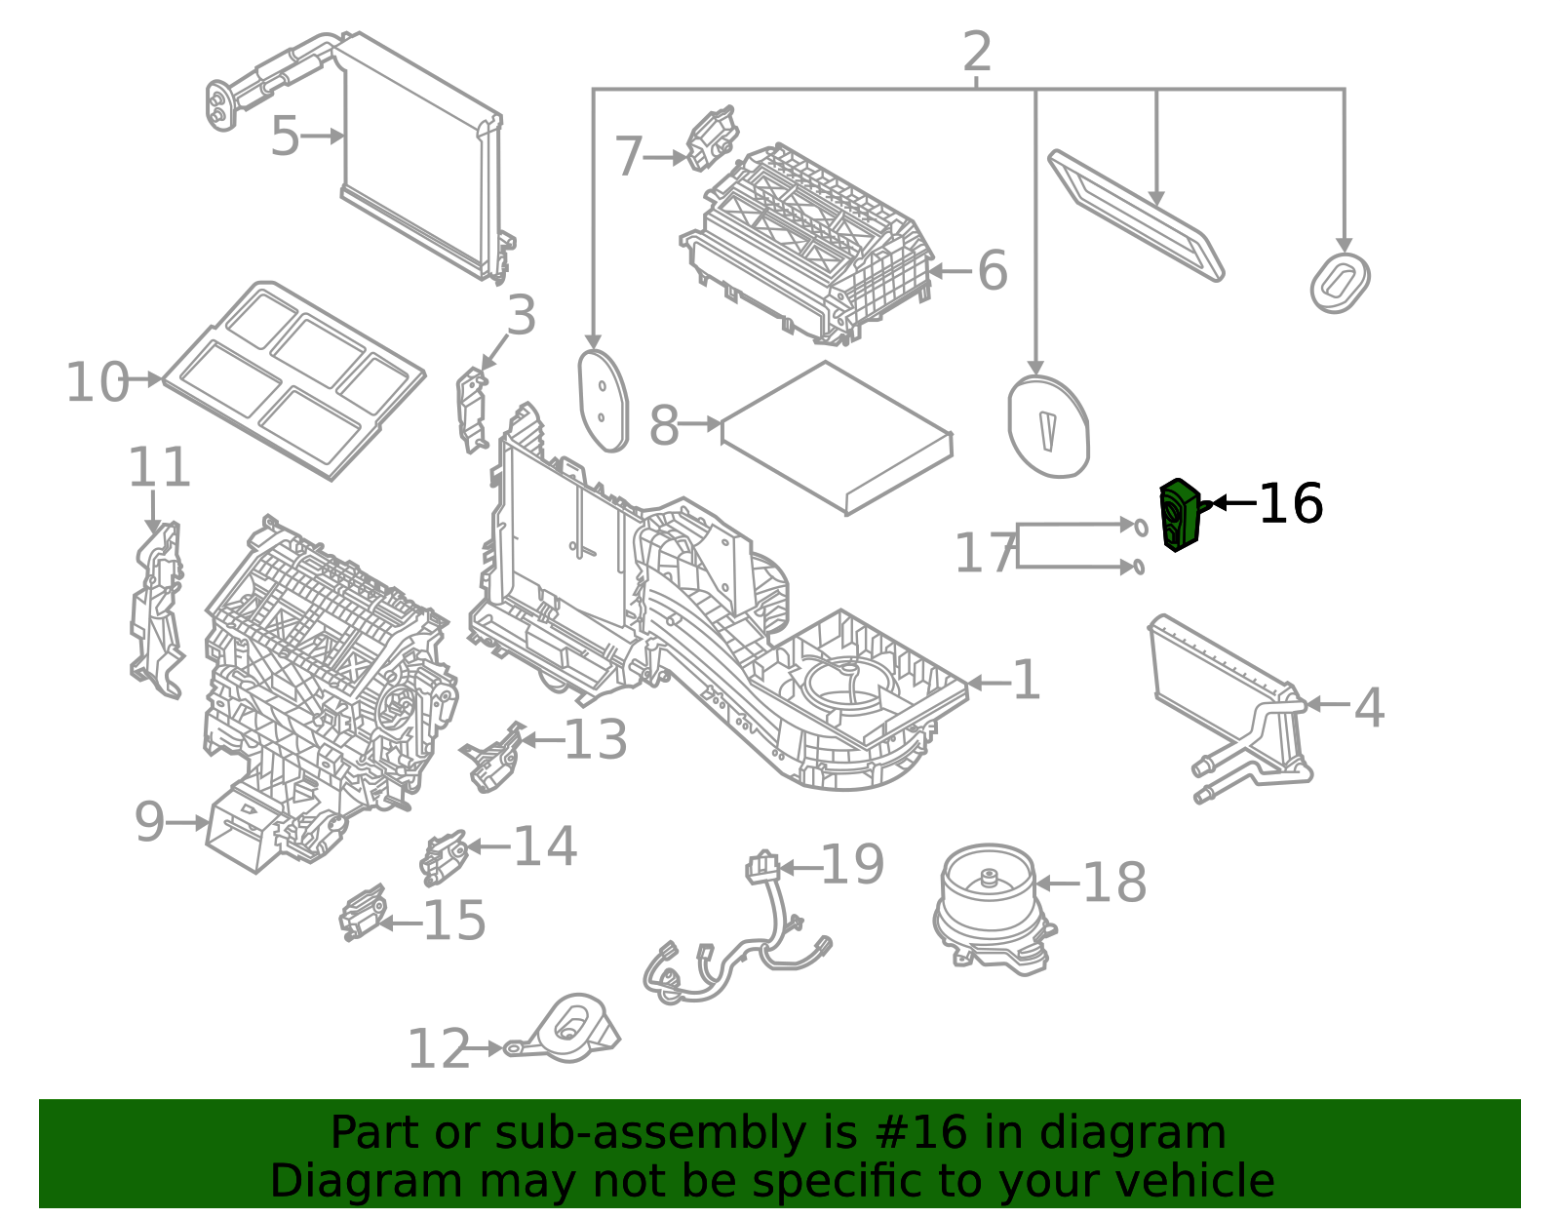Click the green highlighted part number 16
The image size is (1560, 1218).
tap(1179, 515)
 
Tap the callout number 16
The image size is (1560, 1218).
tap(1291, 504)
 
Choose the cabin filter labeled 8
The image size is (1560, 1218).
tap(837, 437)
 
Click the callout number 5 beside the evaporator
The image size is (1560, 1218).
tap(285, 137)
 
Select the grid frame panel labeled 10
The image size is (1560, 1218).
tap(292, 380)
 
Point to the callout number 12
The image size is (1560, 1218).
tap(438, 1050)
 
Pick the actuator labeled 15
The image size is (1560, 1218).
tap(362, 914)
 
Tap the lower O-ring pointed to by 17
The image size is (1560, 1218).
tap(1139, 567)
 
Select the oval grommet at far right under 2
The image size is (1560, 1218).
tap(1340, 283)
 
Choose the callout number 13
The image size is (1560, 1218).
tap(595, 740)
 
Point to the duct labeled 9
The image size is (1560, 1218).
tap(239, 827)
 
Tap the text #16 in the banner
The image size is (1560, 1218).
tap(921, 1133)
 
